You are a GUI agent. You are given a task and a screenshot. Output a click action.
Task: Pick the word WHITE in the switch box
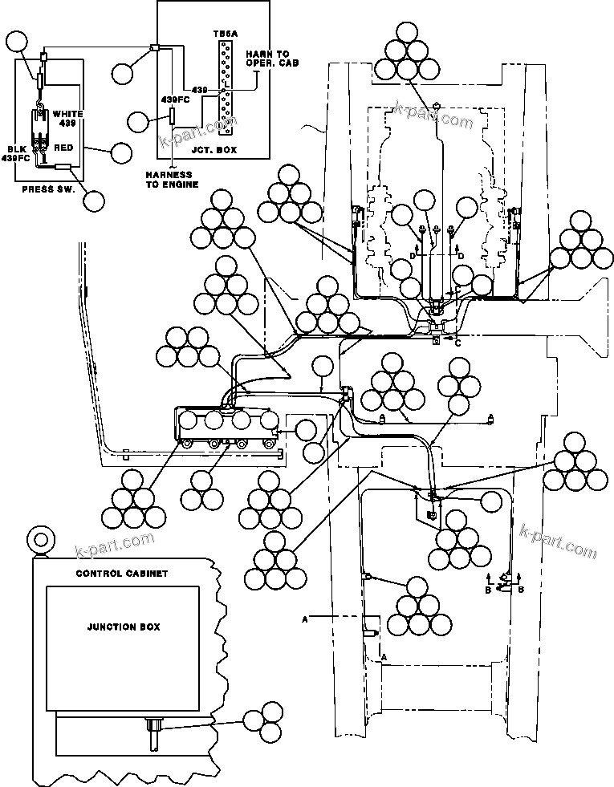[67, 114]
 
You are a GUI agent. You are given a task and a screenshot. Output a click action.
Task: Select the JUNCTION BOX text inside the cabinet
[123, 627]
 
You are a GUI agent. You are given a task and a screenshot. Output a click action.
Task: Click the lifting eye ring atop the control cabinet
[36, 538]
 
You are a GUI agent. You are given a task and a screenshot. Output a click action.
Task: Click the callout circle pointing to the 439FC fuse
[138, 123]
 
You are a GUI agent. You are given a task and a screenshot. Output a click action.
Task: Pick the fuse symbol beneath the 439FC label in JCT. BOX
[172, 117]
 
